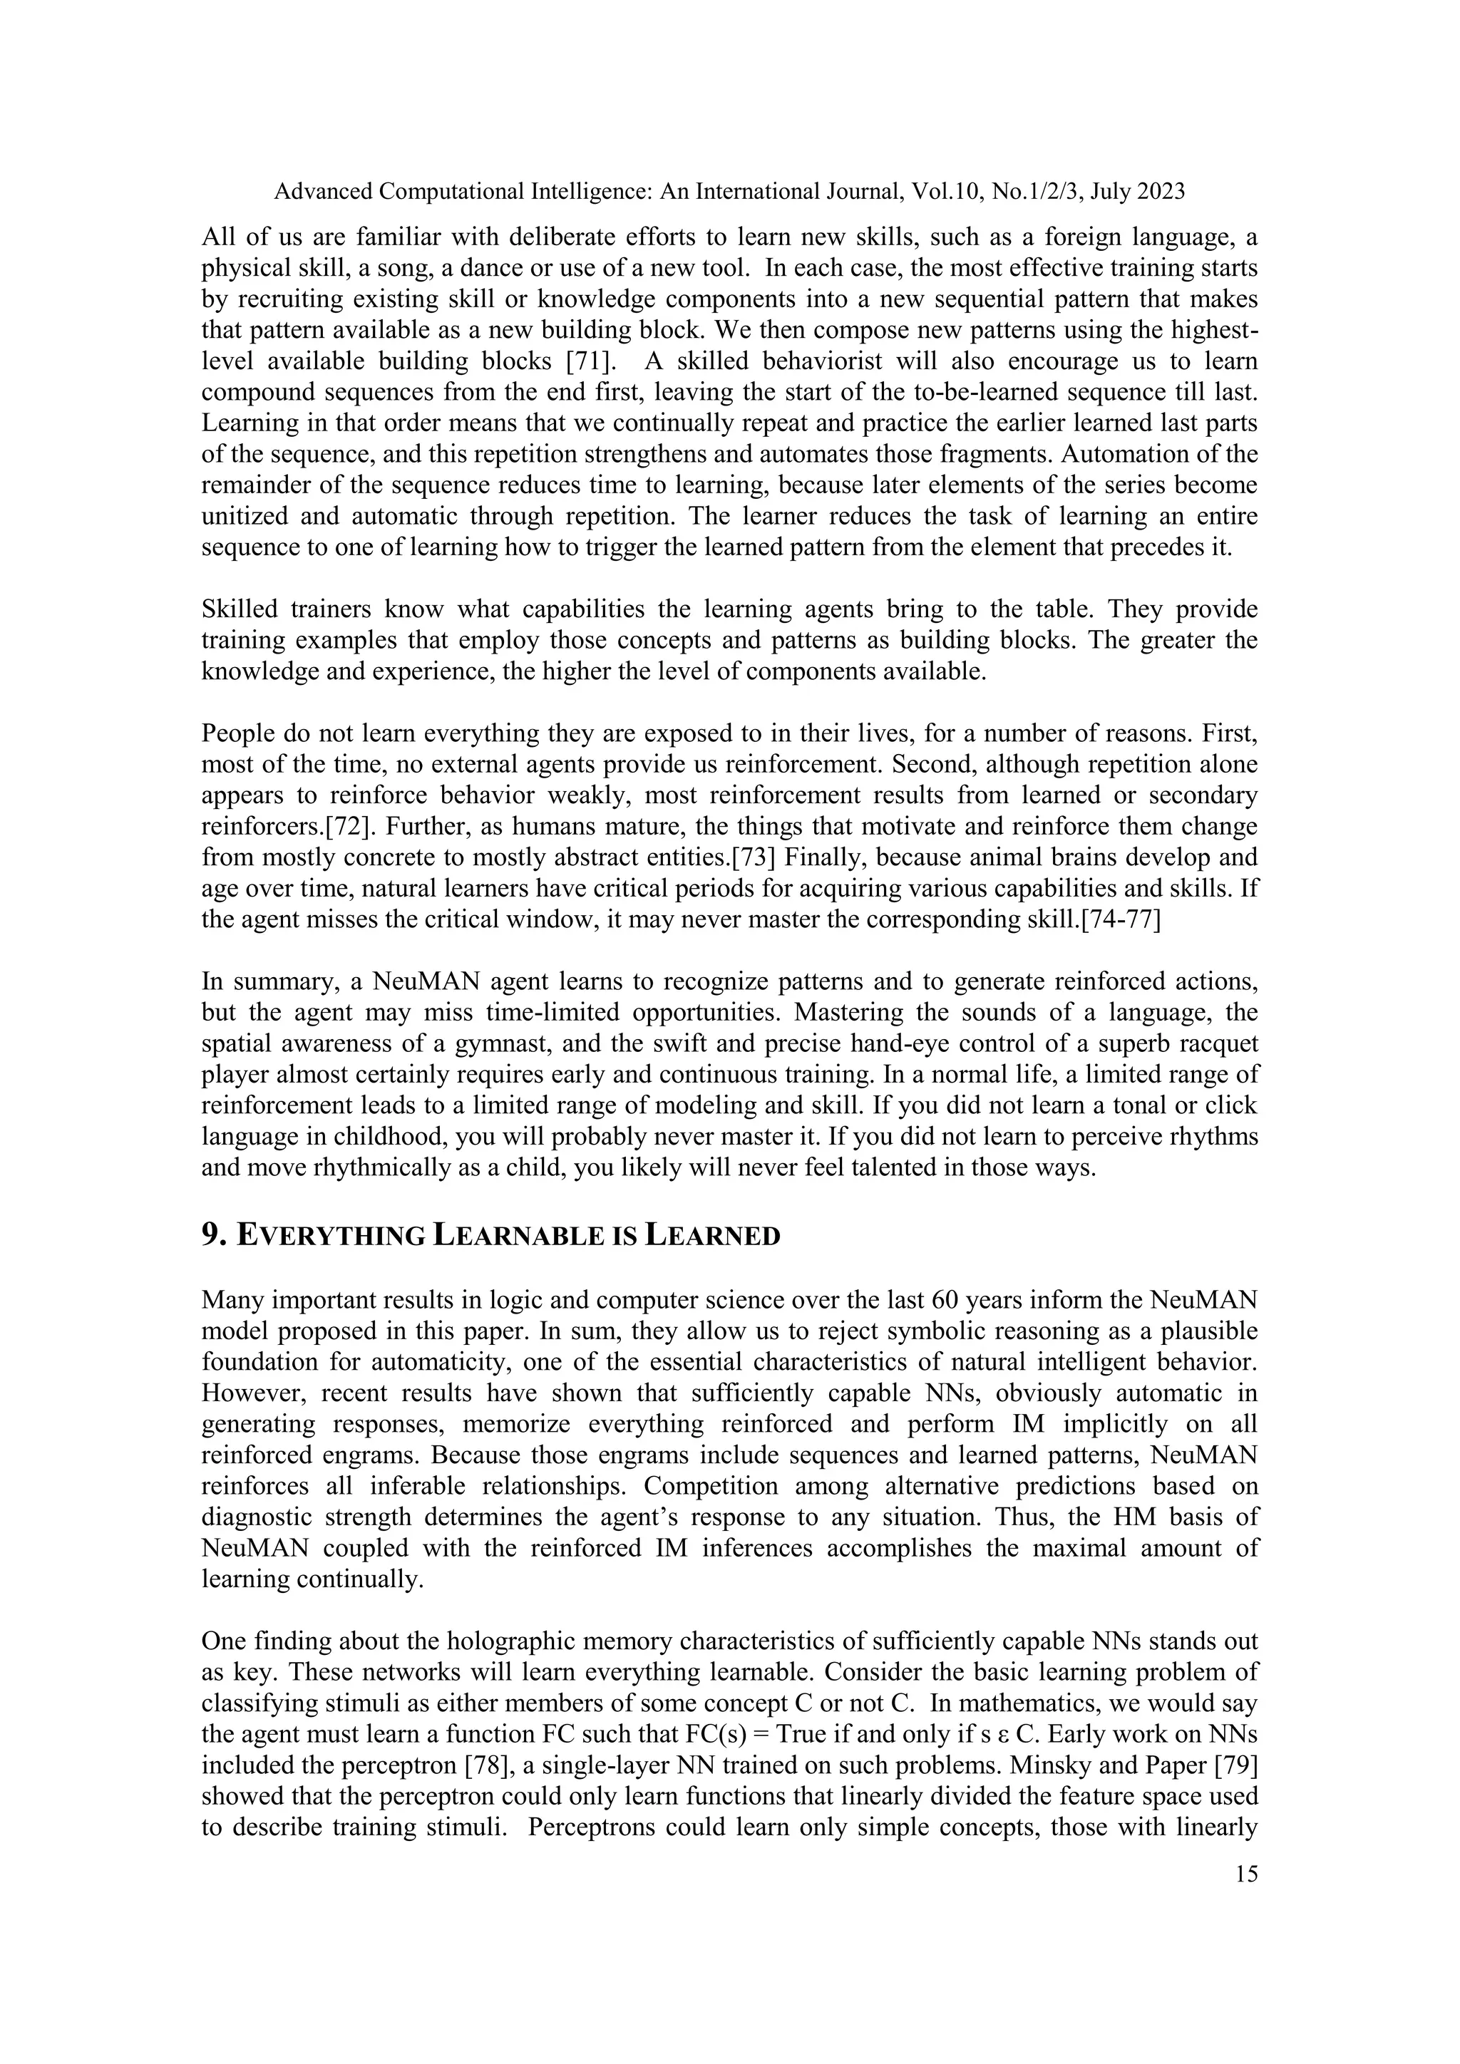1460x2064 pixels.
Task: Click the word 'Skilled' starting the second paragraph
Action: coord(237,609)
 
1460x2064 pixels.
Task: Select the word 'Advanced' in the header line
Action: coord(322,192)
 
